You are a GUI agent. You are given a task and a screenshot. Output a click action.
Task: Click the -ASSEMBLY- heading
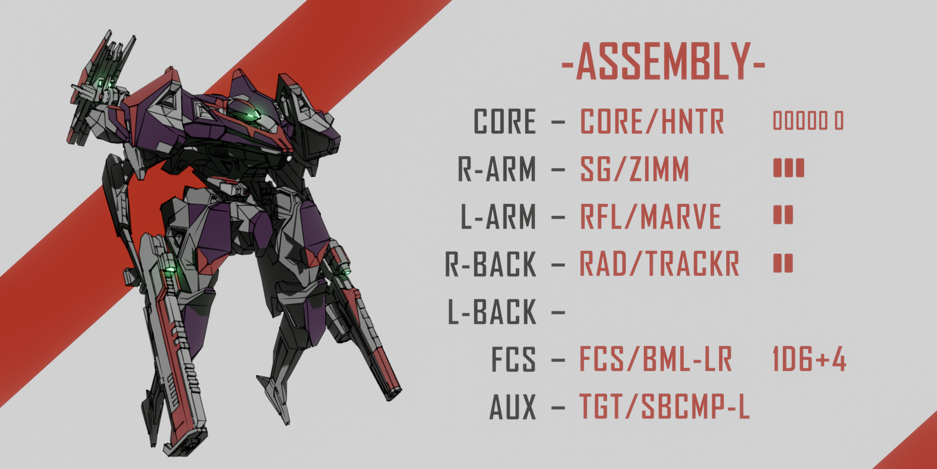pos(663,61)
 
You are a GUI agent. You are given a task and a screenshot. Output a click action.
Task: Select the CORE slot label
pos(505,121)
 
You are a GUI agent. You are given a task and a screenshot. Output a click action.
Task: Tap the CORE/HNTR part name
pos(652,121)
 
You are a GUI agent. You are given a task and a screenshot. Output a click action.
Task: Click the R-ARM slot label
pos(497,169)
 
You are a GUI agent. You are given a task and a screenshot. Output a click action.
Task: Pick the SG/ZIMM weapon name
pos(635,169)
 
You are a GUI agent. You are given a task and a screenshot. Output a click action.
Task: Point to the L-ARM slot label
pos(498,216)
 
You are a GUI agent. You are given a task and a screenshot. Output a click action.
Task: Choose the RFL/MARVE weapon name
pos(651,216)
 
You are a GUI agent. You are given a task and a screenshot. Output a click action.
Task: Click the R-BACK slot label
pos(491,264)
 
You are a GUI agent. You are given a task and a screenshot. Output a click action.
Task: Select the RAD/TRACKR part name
pos(660,264)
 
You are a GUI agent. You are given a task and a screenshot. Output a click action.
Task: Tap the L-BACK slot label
pos(492,311)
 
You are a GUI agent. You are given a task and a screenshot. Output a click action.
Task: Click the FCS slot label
pos(513,359)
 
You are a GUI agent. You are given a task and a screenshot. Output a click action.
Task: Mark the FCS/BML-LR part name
pos(656,359)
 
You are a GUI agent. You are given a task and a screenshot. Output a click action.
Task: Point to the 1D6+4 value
pos(809,359)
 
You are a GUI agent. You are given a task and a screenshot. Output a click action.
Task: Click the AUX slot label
pos(513,407)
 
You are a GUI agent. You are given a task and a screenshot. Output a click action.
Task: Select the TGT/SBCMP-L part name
pos(665,406)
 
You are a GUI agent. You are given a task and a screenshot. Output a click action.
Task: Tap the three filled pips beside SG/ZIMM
pos(788,168)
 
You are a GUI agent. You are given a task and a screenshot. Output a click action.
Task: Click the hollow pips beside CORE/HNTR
pos(808,121)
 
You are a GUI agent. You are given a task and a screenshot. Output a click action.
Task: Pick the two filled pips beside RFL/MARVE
pos(783,215)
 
